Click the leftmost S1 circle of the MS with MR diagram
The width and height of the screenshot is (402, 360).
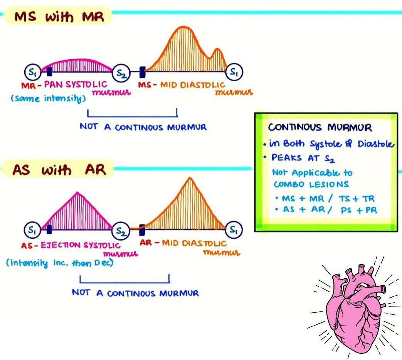point(31,72)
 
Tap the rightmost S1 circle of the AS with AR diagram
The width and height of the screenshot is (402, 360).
point(234,230)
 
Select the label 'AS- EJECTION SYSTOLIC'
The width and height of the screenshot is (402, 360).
point(71,245)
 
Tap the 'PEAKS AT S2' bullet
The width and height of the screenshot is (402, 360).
point(299,158)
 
